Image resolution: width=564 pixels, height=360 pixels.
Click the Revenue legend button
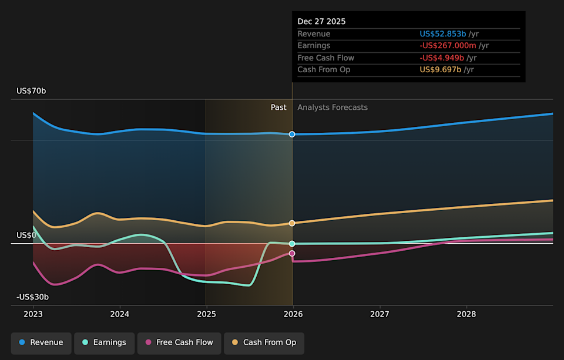click(x=41, y=342)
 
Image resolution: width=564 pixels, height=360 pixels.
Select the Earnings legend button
click(x=103, y=342)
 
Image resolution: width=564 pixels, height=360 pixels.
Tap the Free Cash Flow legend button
click(x=179, y=342)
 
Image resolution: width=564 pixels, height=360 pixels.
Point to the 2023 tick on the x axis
click(x=33, y=314)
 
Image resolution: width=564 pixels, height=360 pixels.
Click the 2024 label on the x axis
click(x=120, y=314)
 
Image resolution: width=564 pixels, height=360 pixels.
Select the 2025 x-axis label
click(x=206, y=314)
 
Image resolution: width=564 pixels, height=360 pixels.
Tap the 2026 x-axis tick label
click(x=293, y=314)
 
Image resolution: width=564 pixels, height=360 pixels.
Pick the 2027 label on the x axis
click(x=380, y=314)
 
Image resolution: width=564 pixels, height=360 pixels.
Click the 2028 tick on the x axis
click(x=466, y=314)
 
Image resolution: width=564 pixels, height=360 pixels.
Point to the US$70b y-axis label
click(x=31, y=91)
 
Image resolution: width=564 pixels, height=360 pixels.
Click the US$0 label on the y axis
click(x=26, y=235)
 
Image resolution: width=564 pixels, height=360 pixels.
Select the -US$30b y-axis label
click(x=32, y=297)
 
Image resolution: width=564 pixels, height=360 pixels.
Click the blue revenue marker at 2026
click(x=292, y=134)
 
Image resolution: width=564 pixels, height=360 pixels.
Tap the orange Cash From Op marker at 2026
click(x=292, y=223)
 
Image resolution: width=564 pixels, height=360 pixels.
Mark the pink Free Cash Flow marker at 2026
click(x=292, y=253)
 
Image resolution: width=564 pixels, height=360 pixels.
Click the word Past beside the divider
click(x=278, y=107)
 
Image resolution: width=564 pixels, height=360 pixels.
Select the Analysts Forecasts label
click(x=333, y=107)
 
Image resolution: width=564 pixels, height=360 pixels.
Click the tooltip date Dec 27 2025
click(x=321, y=22)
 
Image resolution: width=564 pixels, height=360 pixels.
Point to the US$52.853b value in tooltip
click(x=442, y=34)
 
